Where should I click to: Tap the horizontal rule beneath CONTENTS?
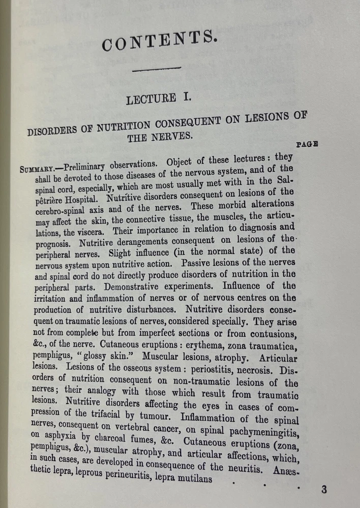point(157,68)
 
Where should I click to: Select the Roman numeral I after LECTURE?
point(187,97)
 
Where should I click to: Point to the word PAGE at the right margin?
point(307,144)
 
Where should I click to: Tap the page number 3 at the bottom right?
point(324,490)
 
